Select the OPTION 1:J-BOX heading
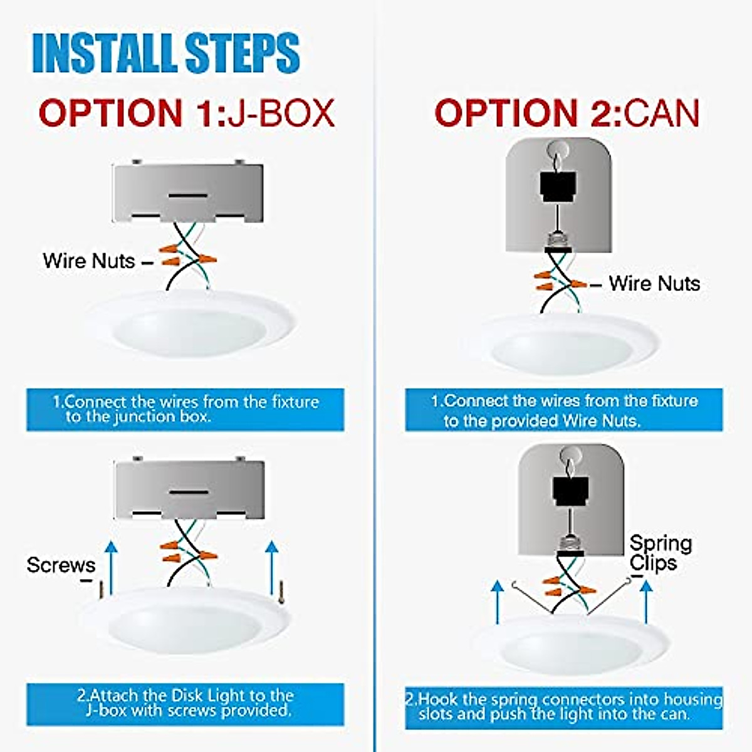coord(187,113)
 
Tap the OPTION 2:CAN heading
coord(567,113)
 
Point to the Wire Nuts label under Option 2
coord(654,283)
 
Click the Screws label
coord(61,565)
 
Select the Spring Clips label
coord(660,553)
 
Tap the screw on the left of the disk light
coord(100,589)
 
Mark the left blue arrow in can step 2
coord(497,602)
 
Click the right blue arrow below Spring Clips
coord(645,602)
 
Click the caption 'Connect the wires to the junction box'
coord(185,409)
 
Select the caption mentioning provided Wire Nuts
coord(563,410)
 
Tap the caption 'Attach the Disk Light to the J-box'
coord(185,704)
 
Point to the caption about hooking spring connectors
coord(563,707)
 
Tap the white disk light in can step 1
coord(567,345)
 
